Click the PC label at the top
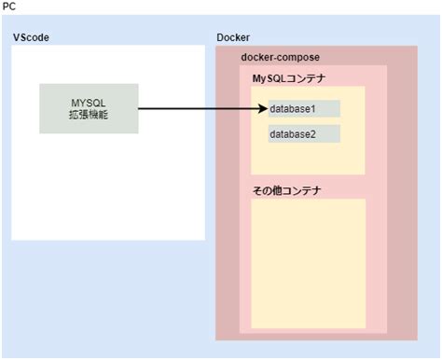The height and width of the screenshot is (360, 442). [8, 7]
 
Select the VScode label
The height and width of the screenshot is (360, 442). [30, 37]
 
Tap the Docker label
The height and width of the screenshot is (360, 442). [232, 37]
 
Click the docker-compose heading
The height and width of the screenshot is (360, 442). [280, 57]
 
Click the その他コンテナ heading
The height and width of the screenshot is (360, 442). [286, 190]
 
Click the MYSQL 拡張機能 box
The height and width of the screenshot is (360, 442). [90, 108]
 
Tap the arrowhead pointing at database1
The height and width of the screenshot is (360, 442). [263, 109]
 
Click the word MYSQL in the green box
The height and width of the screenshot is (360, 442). [90, 101]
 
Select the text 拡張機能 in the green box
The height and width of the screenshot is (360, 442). [90, 115]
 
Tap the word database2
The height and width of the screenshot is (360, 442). [293, 134]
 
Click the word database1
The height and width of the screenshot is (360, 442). [293, 109]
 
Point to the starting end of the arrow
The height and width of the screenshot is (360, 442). [140, 109]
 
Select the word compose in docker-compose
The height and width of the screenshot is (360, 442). [300, 57]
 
